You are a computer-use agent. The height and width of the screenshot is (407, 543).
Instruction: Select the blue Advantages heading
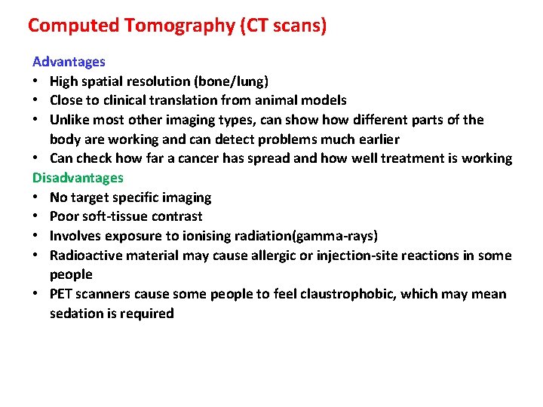coord(69,62)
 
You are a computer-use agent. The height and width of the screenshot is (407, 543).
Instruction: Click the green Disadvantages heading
coord(78,178)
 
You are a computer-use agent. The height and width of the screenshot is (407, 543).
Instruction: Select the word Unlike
coord(70,120)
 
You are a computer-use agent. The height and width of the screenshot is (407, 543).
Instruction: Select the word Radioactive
coord(86,256)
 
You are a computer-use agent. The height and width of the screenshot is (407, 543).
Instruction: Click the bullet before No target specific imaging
coord(36,197)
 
